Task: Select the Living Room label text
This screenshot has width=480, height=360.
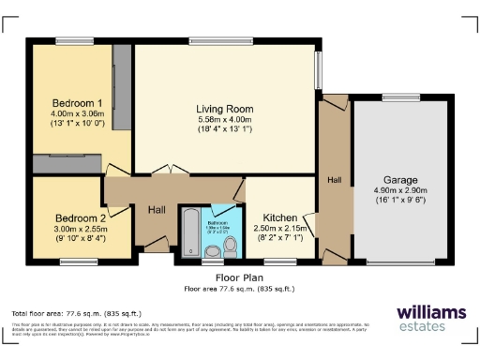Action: click(x=224, y=109)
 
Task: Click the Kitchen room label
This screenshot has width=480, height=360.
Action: click(x=280, y=216)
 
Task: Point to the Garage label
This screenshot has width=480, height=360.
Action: click(x=399, y=180)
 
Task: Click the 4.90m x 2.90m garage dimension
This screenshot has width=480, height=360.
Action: click(x=400, y=190)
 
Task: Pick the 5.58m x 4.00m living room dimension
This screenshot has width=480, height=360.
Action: click(x=224, y=119)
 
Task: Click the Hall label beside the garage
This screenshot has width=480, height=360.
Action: click(x=334, y=179)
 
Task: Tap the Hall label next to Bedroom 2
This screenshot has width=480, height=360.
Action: click(x=156, y=210)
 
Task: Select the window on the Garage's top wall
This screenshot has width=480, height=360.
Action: click(x=400, y=97)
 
